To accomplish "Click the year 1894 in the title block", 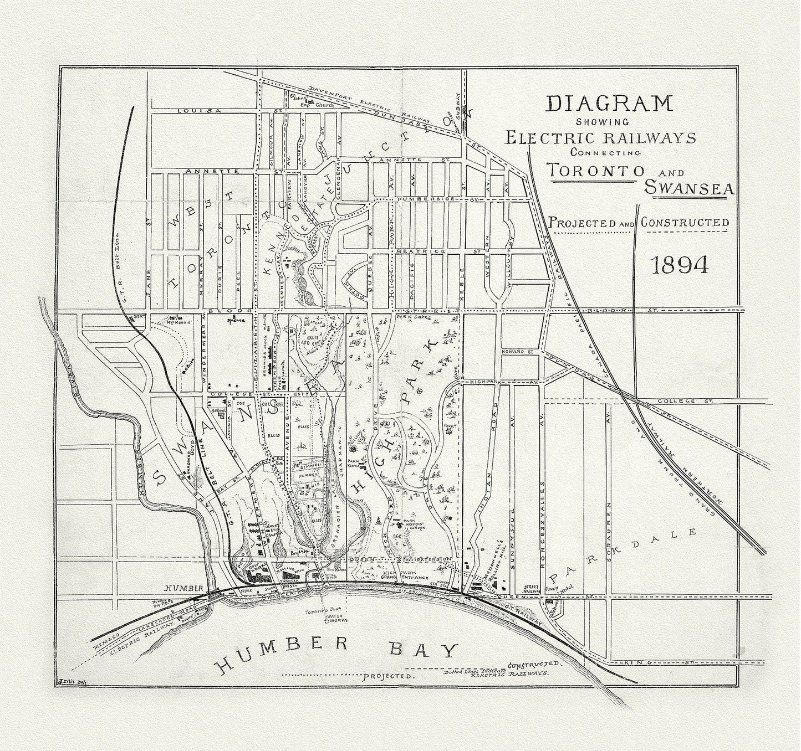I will [680, 266].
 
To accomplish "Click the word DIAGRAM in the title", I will [609, 104].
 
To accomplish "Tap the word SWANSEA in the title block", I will [689, 188].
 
